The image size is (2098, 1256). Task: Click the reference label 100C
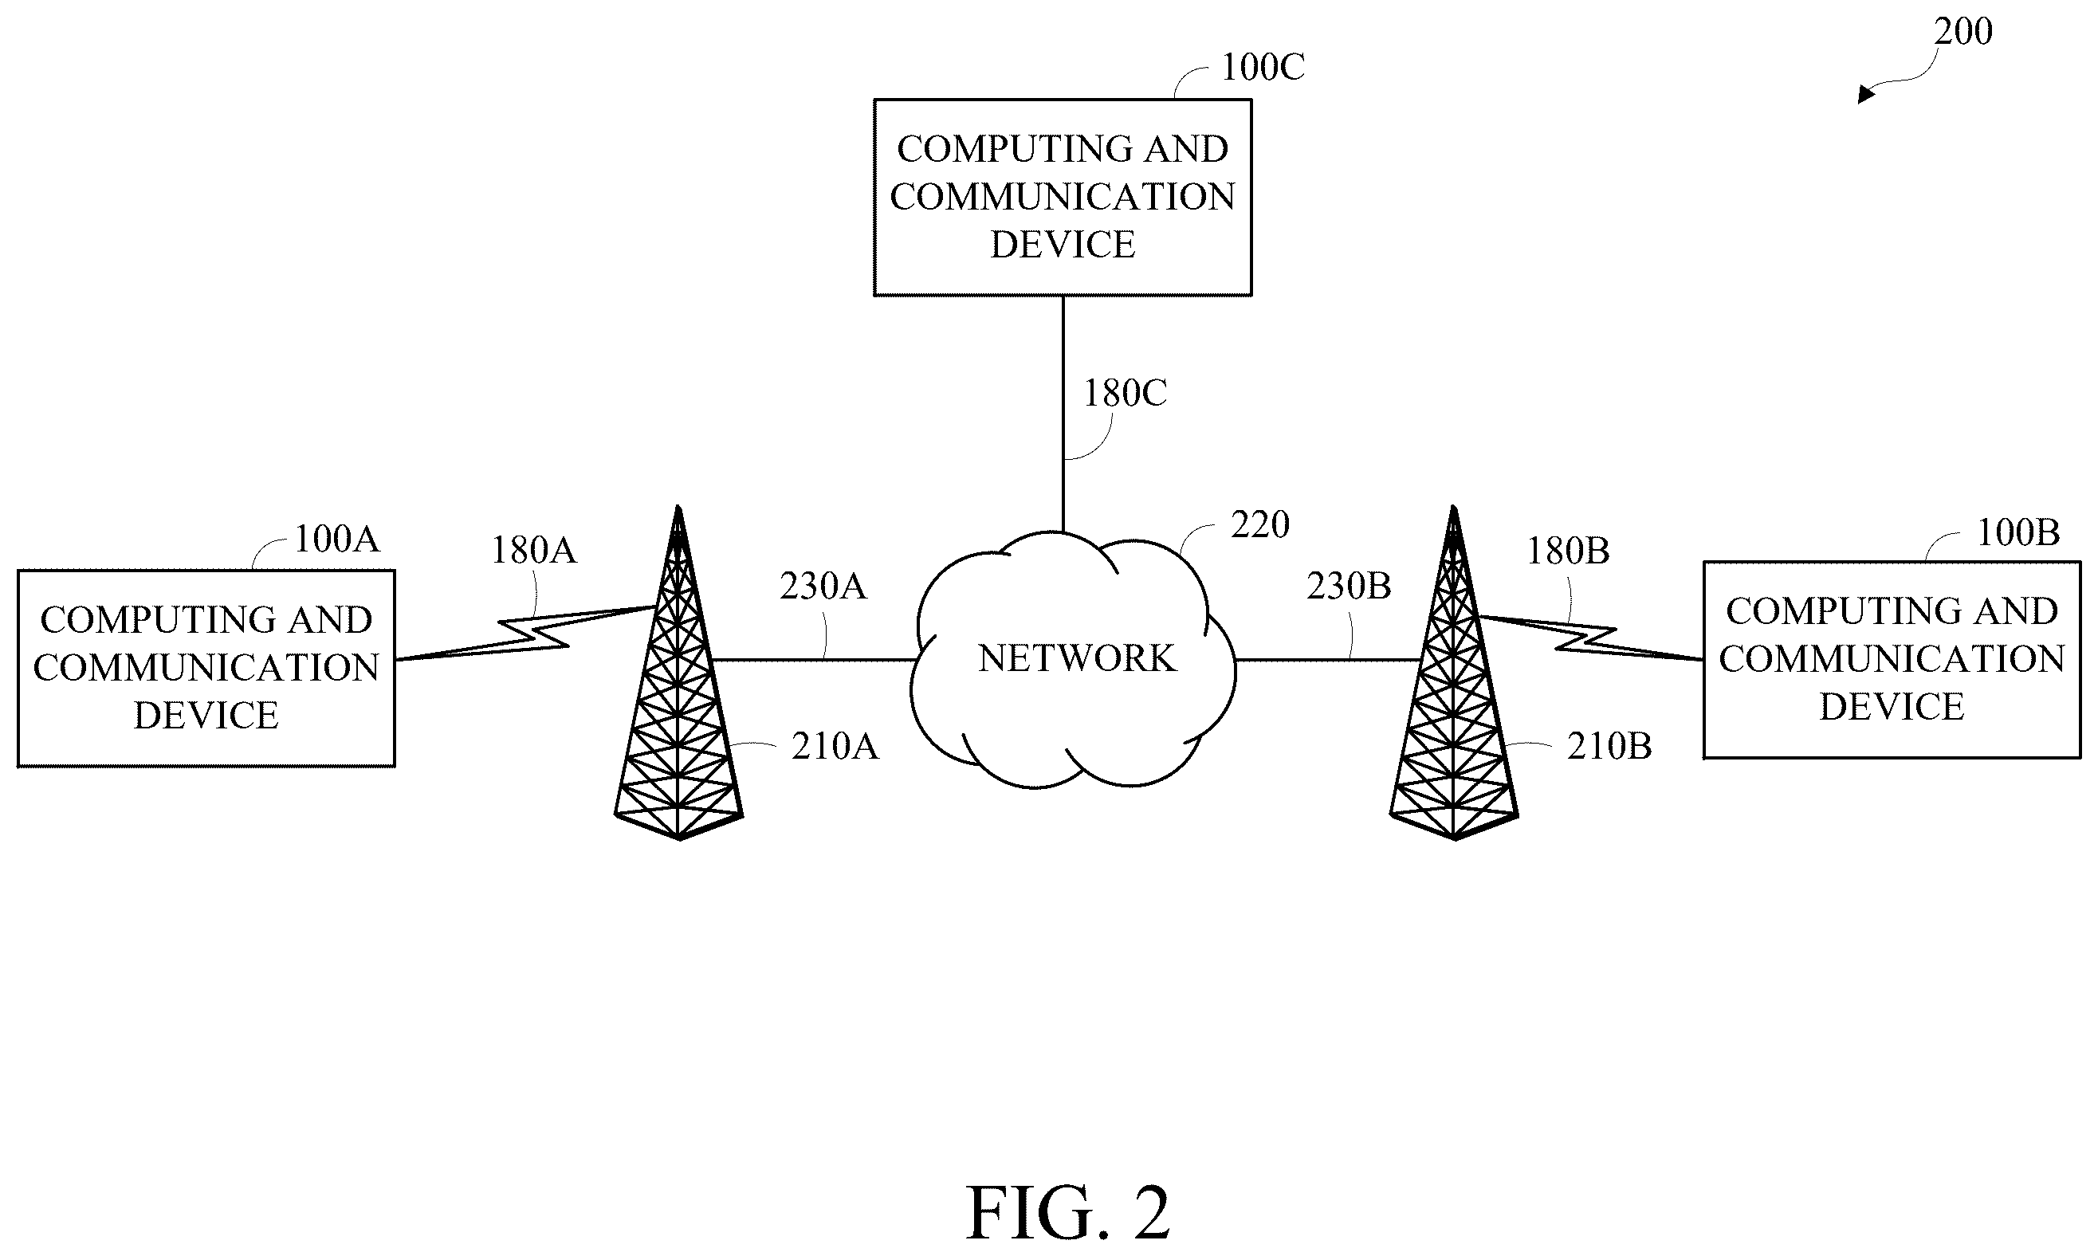[1263, 67]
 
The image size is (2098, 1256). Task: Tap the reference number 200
[1963, 31]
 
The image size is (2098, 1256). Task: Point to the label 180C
[1126, 394]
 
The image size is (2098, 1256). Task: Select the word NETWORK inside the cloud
[1077, 658]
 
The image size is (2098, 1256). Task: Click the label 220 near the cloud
[1260, 525]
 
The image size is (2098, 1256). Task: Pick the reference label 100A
[337, 539]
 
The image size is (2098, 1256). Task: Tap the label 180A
[534, 551]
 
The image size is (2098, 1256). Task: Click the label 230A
[823, 587]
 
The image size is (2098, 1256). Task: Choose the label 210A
[835, 747]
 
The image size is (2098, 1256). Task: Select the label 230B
[1349, 587]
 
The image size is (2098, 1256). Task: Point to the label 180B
[1568, 551]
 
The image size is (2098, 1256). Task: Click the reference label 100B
[2018, 532]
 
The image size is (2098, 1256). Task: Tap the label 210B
[1609, 747]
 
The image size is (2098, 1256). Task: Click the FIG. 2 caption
[1068, 1213]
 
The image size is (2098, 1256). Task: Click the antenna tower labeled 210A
[678, 673]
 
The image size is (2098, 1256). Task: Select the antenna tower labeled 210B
[1454, 673]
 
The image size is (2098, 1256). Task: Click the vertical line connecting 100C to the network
[1063, 414]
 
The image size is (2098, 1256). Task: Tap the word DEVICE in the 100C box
[1063, 245]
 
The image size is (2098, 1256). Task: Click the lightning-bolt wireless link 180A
[524, 633]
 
